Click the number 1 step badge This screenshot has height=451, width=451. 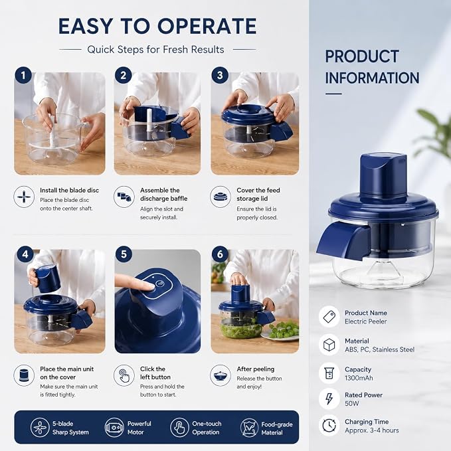coord(23,75)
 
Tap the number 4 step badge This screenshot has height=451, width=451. coord(25,254)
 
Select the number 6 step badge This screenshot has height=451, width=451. coord(220,254)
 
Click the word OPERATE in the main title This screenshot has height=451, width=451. coord(207,26)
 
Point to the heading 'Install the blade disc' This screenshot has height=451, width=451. coord(69,190)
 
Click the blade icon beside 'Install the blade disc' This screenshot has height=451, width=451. coord(24,197)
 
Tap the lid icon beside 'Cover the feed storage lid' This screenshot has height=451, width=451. coord(221,197)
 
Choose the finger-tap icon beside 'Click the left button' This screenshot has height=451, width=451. coord(124,375)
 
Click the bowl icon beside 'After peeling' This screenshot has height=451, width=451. coord(221,375)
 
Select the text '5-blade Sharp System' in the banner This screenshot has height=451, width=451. coord(70,428)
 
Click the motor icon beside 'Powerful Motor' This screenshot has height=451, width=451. coord(114,427)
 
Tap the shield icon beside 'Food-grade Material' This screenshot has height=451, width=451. coord(249,428)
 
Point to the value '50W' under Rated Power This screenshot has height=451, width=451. coord(352,404)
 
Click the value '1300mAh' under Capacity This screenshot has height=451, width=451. coord(359,378)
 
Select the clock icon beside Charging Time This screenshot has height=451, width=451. coord(329,425)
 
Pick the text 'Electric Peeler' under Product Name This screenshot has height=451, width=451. coord(365,321)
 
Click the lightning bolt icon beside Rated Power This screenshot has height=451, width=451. coord(329,399)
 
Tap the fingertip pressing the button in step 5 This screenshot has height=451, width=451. coord(148,286)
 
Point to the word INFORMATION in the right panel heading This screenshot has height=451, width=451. coord(372,78)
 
